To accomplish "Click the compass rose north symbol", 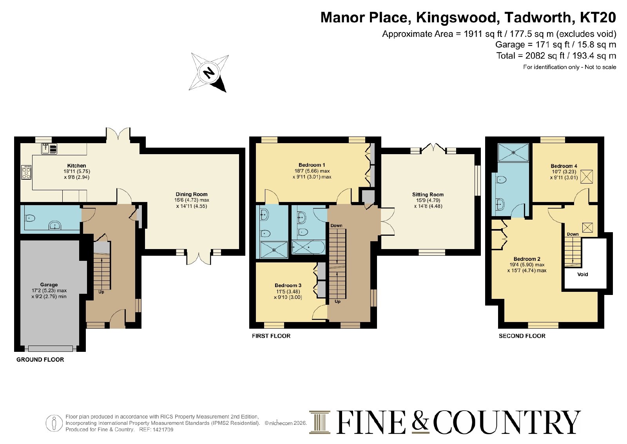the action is tap(209, 73).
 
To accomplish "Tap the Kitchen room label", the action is tap(76, 166).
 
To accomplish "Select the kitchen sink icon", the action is tap(49, 149).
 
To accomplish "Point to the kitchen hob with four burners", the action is tap(26, 172).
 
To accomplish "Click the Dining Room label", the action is tap(192, 194).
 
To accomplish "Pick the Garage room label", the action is tap(49, 285).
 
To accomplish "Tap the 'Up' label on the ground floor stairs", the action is tap(101, 292).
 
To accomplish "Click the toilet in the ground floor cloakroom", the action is tap(29, 218).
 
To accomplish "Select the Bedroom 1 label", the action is tap(312, 165).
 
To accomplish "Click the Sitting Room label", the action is tap(428, 195).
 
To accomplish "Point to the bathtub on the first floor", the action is tap(308, 247).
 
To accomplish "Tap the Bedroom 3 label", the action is tap(288, 286).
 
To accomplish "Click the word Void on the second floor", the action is tap(582, 275).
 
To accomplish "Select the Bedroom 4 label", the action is tap(564, 166).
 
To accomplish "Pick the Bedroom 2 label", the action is tap(527, 259).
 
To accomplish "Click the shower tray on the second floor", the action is tap(513, 153).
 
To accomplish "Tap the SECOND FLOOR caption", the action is tap(522, 336).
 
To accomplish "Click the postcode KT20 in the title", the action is tap(598, 17).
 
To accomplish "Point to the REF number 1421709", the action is tap(163, 430).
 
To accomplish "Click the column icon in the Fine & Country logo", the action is tap(320, 422).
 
